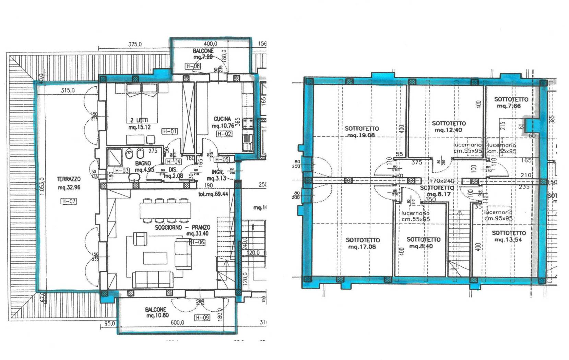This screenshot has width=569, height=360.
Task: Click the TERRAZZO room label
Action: pyautogui.click(x=69, y=179)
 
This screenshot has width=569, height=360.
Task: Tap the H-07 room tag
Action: pyautogui.click(x=68, y=201)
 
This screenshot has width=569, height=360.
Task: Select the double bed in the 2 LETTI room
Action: pyautogui.click(x=142, y=103)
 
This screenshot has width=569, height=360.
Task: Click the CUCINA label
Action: pyautogui.click(x=222, y=119)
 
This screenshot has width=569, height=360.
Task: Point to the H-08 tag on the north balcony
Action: pyautogui.click(x=192, y=66)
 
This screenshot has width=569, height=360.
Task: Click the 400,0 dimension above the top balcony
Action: pyautogui.click(x=210, y=44)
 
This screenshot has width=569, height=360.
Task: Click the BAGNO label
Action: pyautogui.click(x=143, y=164)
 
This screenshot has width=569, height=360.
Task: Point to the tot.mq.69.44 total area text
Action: pyautogui.click(x=213, y=194)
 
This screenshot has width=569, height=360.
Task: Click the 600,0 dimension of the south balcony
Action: pyautogui.click(x=177, y=322)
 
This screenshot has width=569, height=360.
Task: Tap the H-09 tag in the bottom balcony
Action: pyautogui.click(x=202, y=318)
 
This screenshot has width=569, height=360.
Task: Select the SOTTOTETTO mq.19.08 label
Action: pyautogui.click(x=361, y=132)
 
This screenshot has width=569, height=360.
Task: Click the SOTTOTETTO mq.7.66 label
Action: pyautogui.click(x=511, y=103)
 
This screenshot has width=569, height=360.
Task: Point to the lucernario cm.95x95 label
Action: pyautogui.click(x=498, y=215)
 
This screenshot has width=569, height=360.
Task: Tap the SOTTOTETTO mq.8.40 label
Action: pyautogui.click(x=423, y=243)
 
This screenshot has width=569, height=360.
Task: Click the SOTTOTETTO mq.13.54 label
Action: pyautogui.click(x=509, y=236)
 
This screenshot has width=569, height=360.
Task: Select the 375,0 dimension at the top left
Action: pyautogui.click(x=135, y=44)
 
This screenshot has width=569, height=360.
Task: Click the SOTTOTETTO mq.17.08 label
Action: pyautogui.click(x=363, y=243)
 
